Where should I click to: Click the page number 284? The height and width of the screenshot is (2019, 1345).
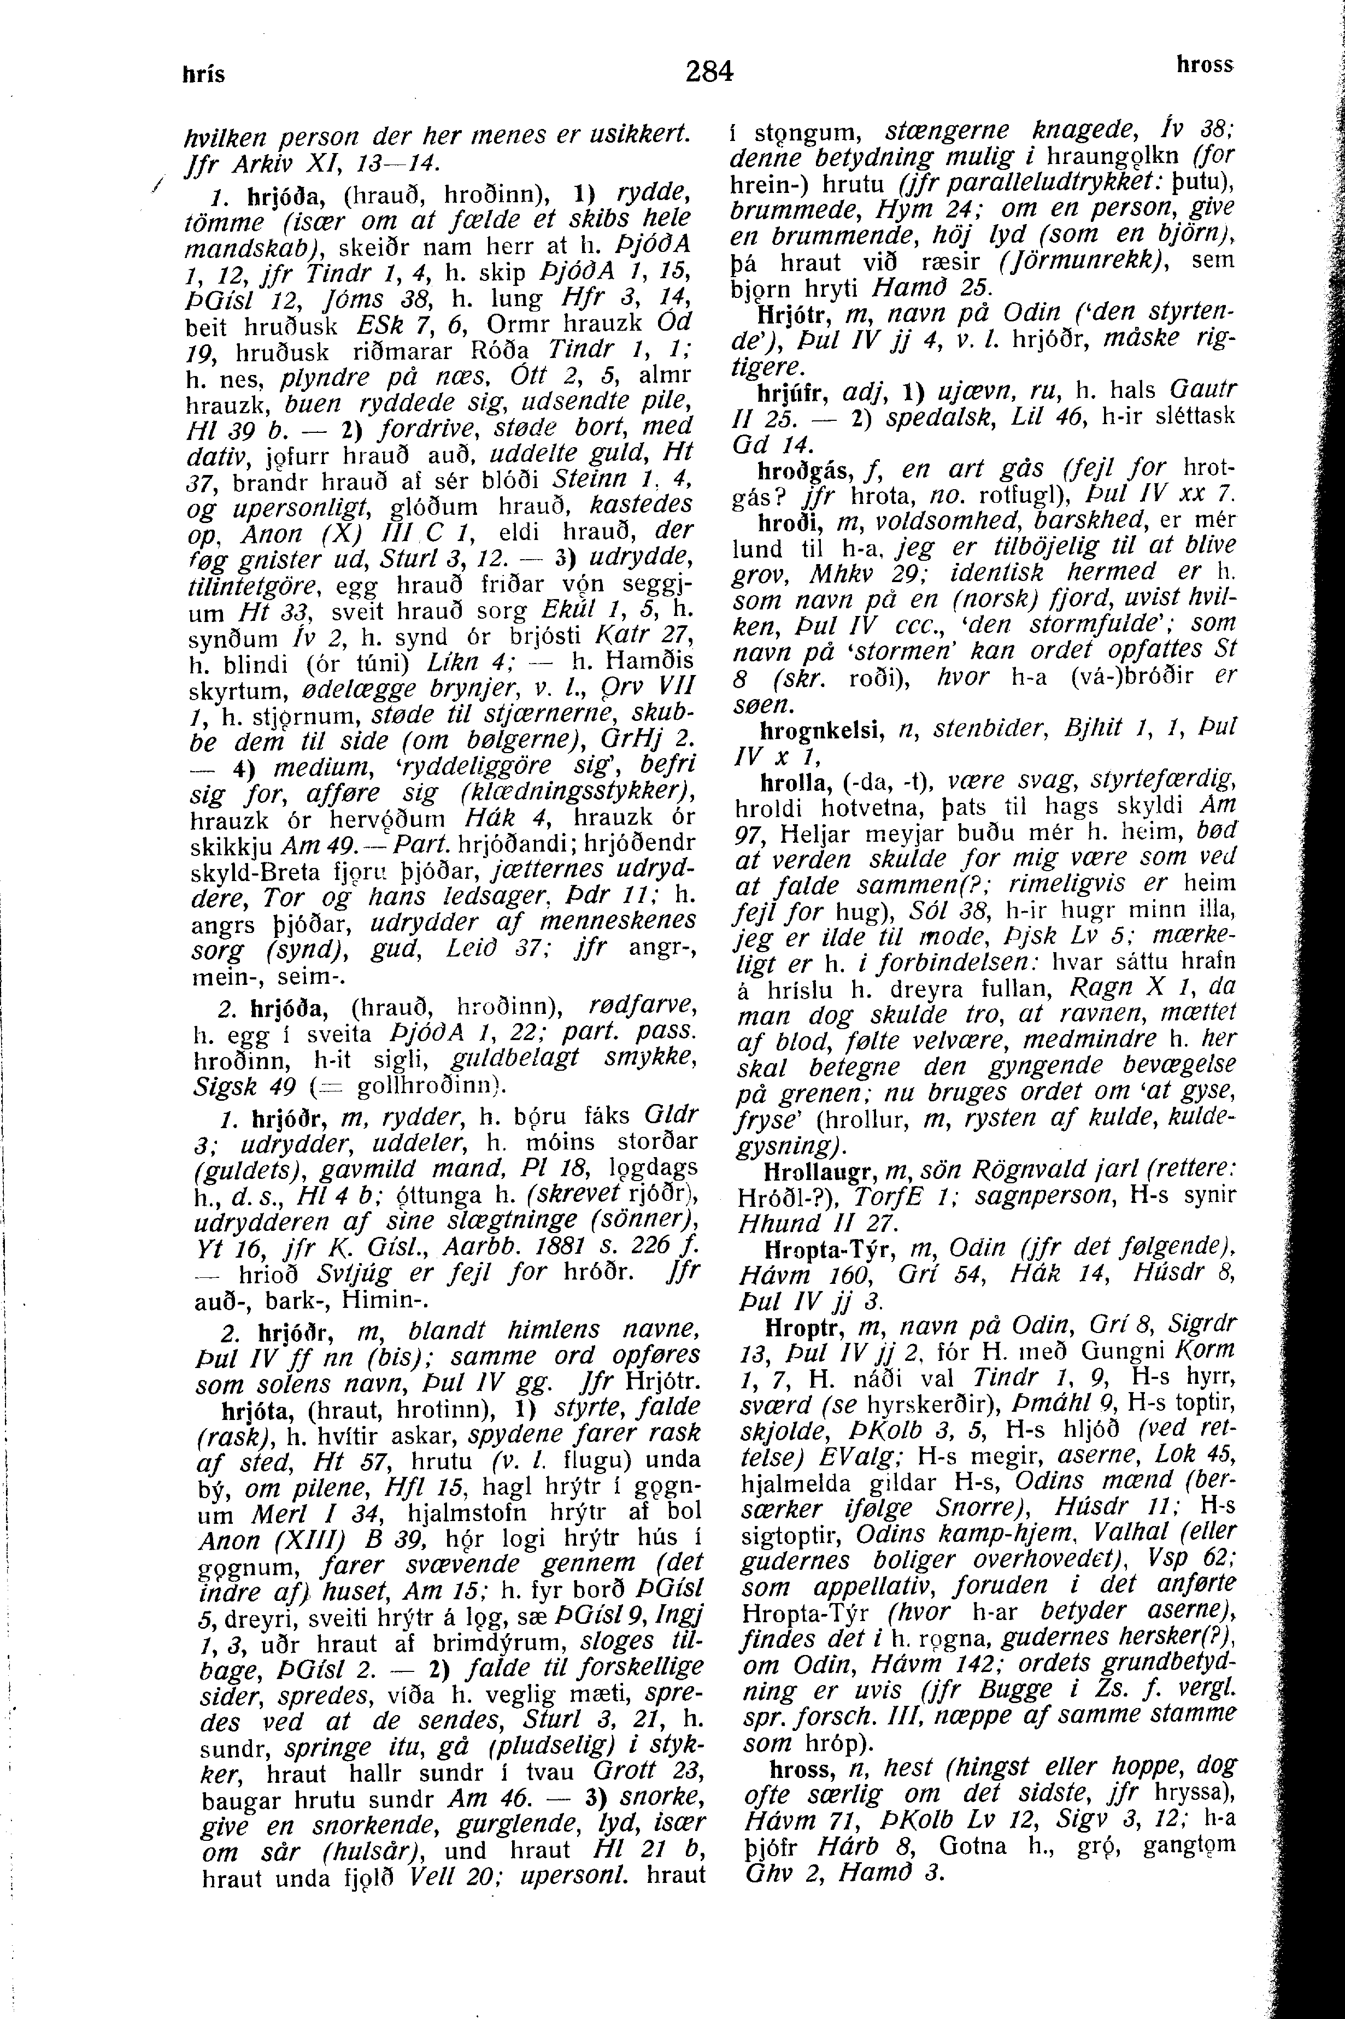click(x=710, y=71)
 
